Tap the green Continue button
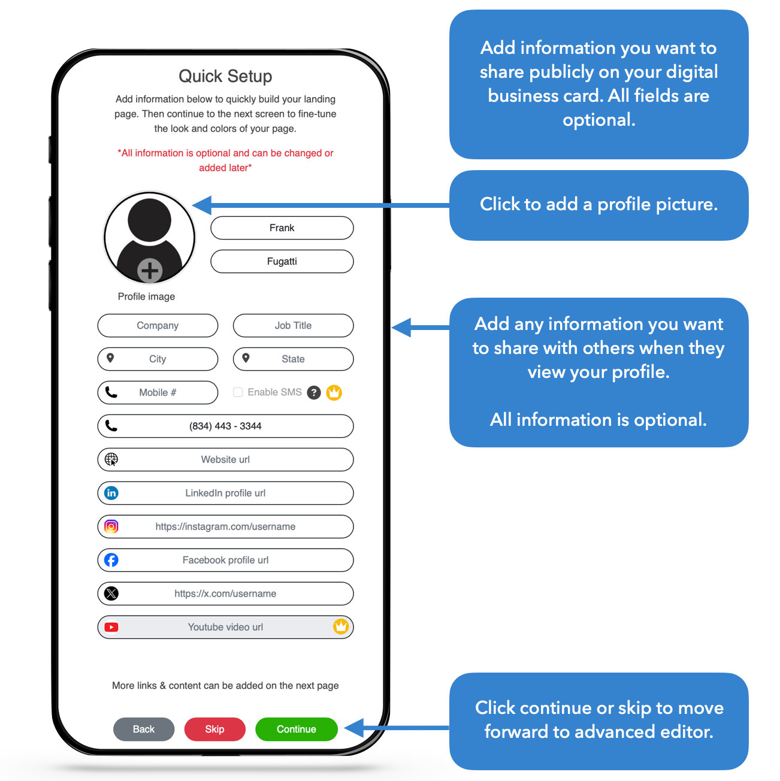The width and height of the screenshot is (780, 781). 296,729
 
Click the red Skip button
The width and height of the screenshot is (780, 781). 214,729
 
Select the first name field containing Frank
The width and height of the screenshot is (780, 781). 282,228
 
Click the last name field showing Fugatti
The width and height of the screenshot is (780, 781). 282,261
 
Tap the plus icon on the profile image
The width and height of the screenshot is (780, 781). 150,270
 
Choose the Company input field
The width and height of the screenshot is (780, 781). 158,325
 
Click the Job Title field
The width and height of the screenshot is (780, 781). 293,325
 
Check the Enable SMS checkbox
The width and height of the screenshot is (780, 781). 238,392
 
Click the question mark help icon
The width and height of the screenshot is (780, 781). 313,392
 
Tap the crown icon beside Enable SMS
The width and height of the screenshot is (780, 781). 334,392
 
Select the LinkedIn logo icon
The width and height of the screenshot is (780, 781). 111,493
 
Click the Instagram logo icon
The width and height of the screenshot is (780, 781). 111,526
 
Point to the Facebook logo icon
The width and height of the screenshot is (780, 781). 111,560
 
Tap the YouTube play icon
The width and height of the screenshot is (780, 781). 111,627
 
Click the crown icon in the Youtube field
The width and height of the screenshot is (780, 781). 340,626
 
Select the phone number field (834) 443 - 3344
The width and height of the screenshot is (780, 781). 225,426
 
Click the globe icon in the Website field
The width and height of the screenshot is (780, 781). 111,459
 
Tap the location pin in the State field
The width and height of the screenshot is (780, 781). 246,358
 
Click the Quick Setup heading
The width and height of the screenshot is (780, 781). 225,76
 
